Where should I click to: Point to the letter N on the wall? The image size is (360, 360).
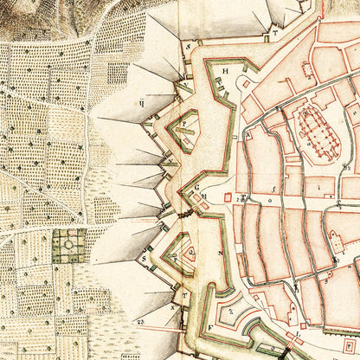221,254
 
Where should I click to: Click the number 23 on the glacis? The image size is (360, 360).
139,320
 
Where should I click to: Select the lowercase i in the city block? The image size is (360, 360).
318,183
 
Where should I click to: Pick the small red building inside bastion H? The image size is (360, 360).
246,84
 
